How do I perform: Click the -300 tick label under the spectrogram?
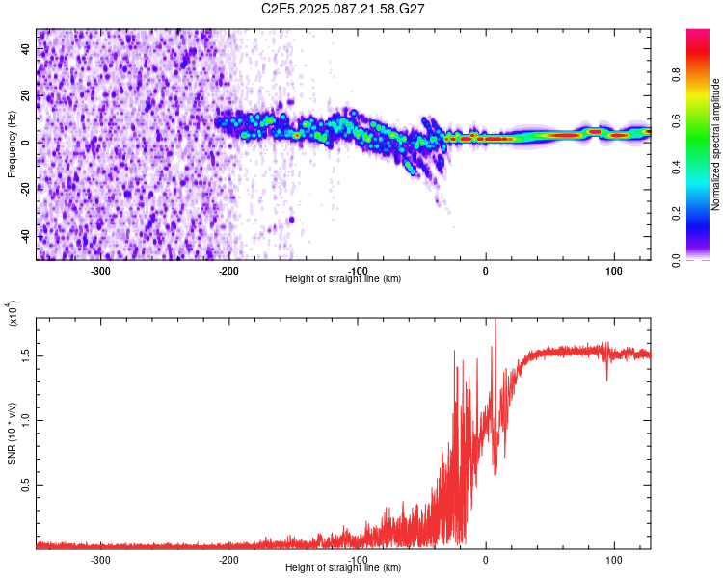(x=101, y=270)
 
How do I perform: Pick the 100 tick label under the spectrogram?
(x=613, y=270)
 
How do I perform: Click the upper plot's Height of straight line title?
(x=343, y=278)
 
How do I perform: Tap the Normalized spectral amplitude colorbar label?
(x=716, y=144)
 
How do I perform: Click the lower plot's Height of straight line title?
(x=343, y=567)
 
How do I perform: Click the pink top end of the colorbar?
(x=698, y=34)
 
